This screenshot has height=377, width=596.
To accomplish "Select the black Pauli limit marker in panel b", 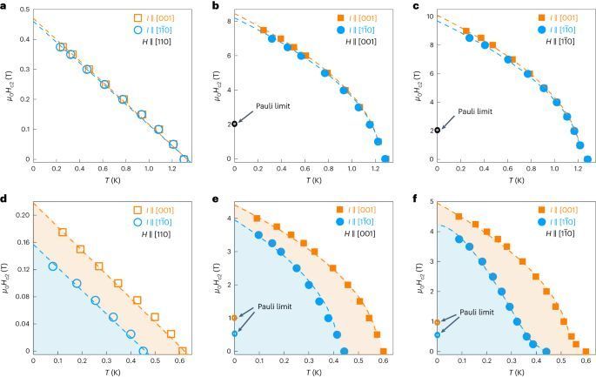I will coord(234,125).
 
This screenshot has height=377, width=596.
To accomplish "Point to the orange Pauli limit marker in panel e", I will coord(234,318).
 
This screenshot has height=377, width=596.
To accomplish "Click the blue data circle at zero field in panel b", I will coord(385,158).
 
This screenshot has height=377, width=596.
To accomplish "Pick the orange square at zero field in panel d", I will coord(183,351).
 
